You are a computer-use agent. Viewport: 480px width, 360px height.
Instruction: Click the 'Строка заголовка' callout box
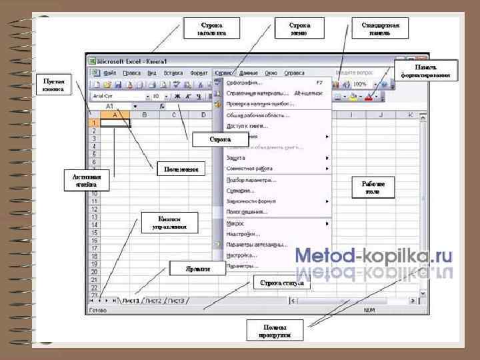click(x=211, y=29)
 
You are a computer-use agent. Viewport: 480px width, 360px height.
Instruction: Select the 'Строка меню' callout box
click(x=299, y=29)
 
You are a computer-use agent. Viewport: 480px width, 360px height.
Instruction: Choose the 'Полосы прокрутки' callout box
click(x=275, y=329)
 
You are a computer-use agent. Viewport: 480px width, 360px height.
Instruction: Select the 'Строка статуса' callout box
click(x=281, y=283)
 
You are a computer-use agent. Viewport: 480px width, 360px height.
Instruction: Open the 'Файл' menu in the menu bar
click(x=111, y=73)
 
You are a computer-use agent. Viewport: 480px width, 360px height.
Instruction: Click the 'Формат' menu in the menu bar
click(x=199, y=73)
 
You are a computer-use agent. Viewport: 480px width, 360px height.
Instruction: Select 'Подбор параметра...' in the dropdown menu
click(x=251, y=180)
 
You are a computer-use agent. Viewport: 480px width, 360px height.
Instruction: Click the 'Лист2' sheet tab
click(x=154, y=301)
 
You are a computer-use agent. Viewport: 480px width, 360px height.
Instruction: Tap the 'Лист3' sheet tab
click(x=177, y=301)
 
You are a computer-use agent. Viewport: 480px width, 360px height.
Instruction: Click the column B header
click(x=144, y=115)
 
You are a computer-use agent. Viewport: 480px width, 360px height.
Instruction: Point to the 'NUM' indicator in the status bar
click(x=369, y=311)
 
